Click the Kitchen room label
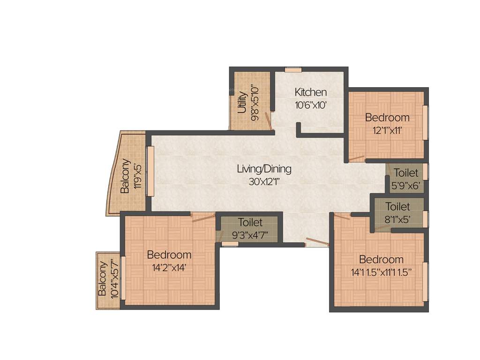click(x=310, y=92)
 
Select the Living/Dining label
click(x=264, y=169)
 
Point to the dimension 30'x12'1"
click(x=264, y=181)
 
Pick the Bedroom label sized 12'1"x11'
click(x=387, y=117)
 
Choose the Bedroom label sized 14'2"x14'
click(x=169, y=255)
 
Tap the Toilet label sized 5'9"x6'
click(x=405, y=173)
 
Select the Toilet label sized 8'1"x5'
click(x=397, y=206)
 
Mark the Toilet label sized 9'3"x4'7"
click(x=250, y=222)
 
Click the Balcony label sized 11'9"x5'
click(x=125, y=176)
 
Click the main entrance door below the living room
click(x=317, y=242)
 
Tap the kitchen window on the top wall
click(x=293, y=69)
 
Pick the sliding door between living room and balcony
click(x=150, y=171)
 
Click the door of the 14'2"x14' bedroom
click(x=203, y=216)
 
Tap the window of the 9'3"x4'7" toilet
click(x=230, y=244)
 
